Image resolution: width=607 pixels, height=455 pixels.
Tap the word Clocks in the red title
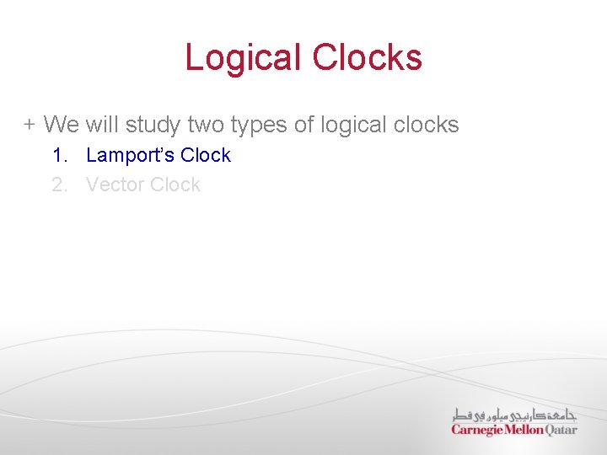(367, 58)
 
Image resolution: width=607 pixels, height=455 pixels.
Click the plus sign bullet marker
(30, 126)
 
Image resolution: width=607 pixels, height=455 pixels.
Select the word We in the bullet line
(61, 126)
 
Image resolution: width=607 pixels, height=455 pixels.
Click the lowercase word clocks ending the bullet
(427, 126)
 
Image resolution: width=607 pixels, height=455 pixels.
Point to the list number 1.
(58, 155)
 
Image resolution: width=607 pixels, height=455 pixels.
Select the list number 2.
(59, 185)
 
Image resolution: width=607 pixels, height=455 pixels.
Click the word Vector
(113, 185)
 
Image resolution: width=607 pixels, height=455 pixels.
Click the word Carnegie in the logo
(477, 430)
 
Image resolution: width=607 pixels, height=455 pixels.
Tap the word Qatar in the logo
(561, 430)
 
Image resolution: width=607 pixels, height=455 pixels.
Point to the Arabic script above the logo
(514, 414)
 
